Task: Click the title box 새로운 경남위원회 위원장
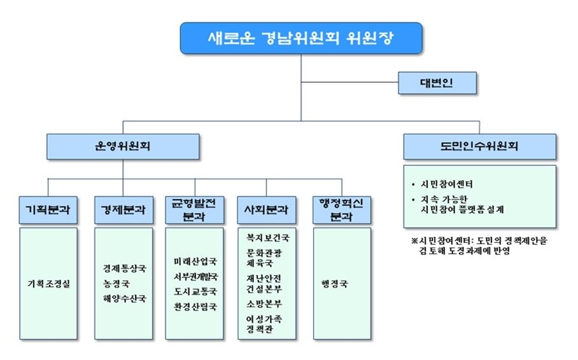click(300, 38)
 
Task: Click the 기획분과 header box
click(48, 209)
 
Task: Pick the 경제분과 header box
click(123, 209)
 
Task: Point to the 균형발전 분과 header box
click(194, 209)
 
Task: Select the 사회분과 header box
click(266, 209)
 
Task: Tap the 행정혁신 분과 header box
click(337, 209)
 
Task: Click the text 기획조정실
click(48, 284)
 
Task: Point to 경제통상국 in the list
click(123, 268)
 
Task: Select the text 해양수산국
click(123, 298)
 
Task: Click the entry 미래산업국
click(195, 261)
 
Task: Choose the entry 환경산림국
click(195, 307)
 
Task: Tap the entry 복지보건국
click(267, 238)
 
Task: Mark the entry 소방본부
click(264, 303)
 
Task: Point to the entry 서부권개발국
click(195, 277)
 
